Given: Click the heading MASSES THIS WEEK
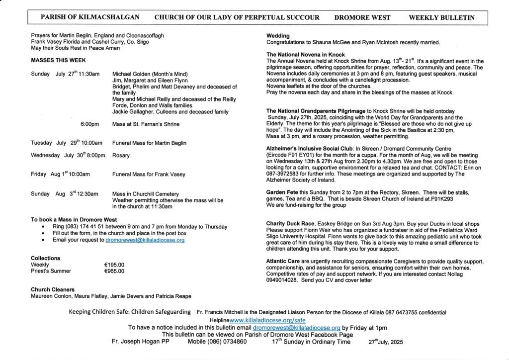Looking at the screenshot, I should pyautogui.click(x=58, y=60).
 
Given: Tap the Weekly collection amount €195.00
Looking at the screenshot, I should pyautogui.click(x=114, y=265).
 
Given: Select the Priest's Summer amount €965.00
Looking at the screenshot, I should pyautogui.click(x=114, y=271).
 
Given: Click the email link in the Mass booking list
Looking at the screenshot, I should pyautogui.click(x=145, y=240).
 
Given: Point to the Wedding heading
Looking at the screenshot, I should pyautogui.click(x=278, y=36).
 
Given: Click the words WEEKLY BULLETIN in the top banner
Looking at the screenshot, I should pyautogui.click(x=441, y=17).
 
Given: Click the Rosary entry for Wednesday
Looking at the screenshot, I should pyautogui.click(x=121, y=155).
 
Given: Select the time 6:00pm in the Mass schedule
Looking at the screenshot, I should pyautogui.click(x=89, y=124).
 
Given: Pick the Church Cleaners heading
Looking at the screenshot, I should pyautogui.click(x=53, y=289).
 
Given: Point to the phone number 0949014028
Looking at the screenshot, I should pyautogui.click(x=282, y=280).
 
